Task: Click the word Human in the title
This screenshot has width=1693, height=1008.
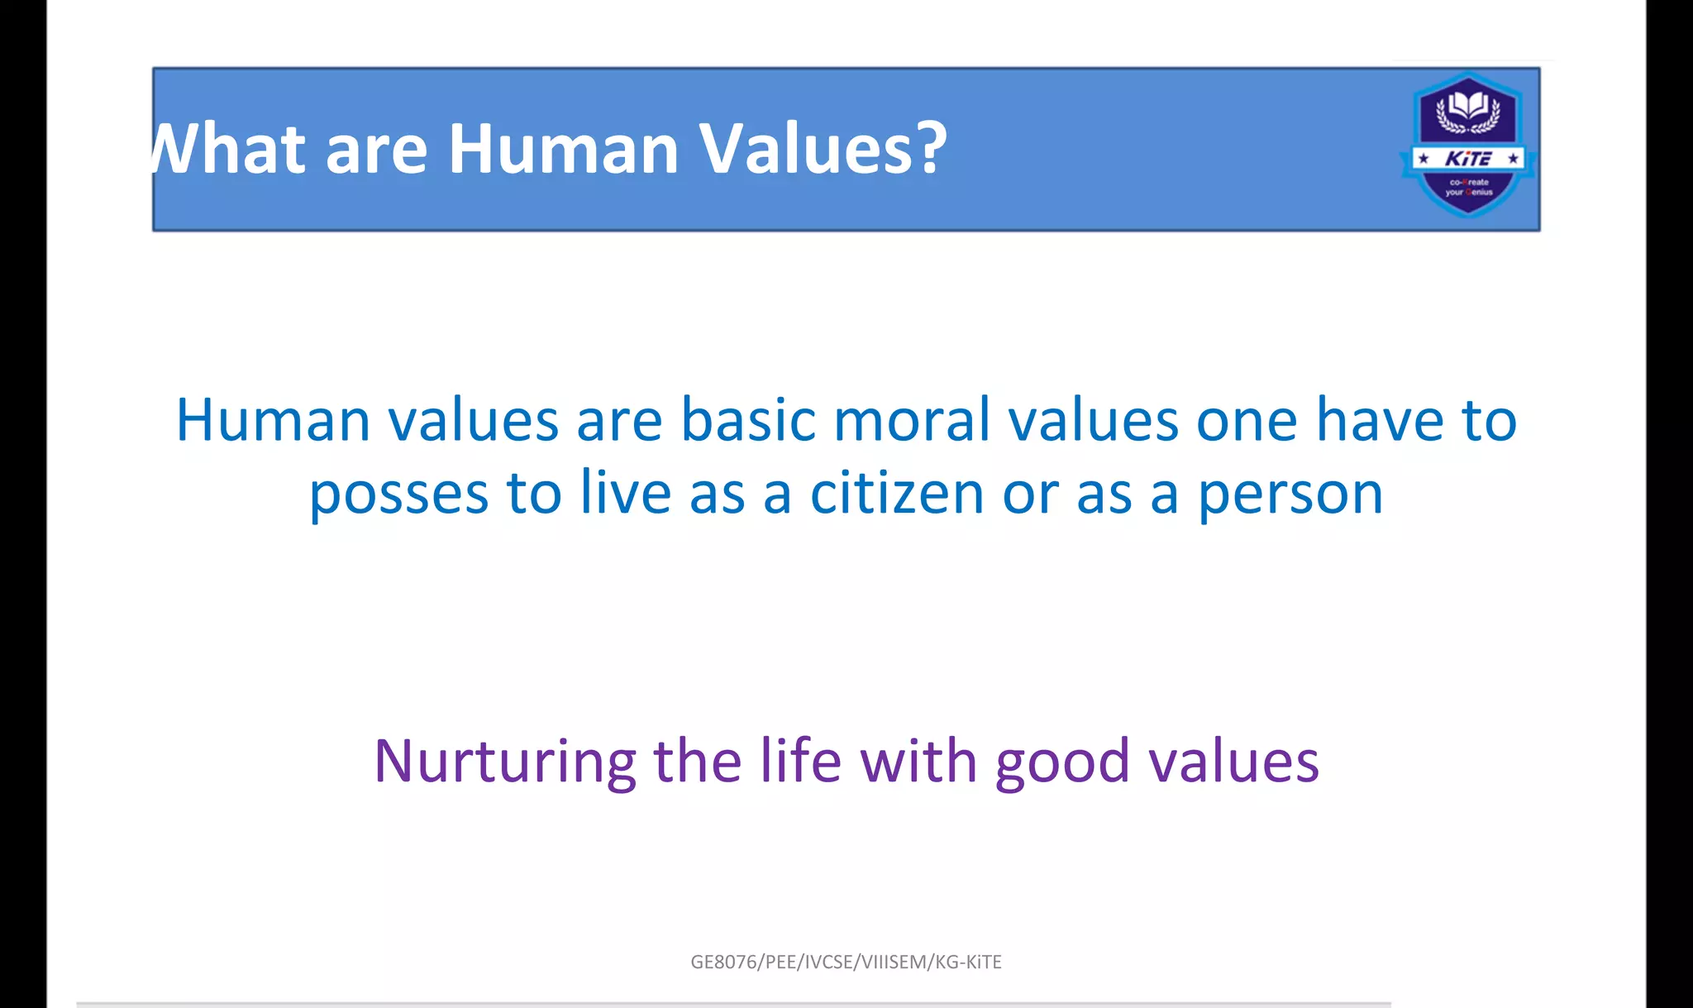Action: [563, 150]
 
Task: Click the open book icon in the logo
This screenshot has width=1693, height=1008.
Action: [1468, 107]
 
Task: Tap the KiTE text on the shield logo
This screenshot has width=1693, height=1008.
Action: [1468, 159]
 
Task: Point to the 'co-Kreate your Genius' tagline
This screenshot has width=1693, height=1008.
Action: [1469, 187]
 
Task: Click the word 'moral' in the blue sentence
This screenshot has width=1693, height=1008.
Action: [911, 421]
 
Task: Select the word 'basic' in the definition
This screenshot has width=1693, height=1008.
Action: [748, 421]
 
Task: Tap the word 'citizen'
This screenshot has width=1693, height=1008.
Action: [895, 494]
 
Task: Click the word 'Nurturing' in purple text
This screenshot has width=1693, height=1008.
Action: [504, 762]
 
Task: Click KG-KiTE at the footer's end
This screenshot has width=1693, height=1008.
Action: [968, 962]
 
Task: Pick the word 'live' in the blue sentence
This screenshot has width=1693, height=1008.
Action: [625, 494]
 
